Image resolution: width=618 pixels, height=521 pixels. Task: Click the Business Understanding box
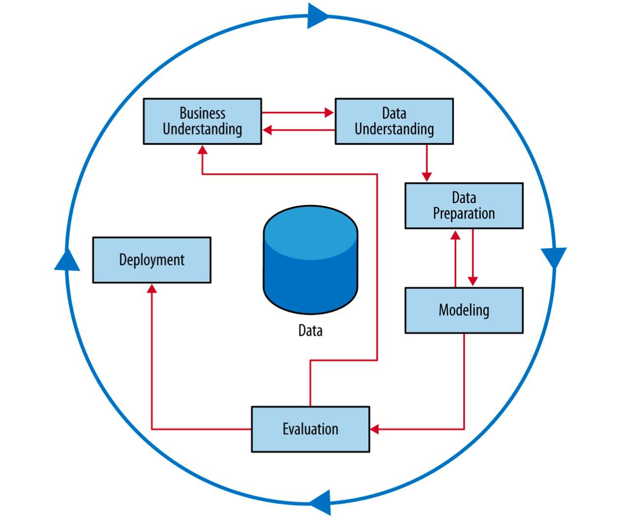[x=202, y=121]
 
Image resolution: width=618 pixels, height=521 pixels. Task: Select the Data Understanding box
[x=394, y=121]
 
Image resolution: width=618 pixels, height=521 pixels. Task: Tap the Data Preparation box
[x=463, y=206]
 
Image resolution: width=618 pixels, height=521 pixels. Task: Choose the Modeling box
[x=463, y=310]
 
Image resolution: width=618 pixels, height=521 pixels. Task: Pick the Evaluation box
[x=310, y=429]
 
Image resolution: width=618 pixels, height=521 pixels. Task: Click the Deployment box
[x=152, y=260]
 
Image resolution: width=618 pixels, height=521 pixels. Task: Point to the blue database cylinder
[x=310, y=260]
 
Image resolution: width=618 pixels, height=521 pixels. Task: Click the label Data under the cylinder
[x=310, y=331]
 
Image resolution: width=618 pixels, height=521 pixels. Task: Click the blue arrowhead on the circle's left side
[x=67, y=260]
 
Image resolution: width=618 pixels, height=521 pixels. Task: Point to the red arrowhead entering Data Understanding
[x=329, y=112]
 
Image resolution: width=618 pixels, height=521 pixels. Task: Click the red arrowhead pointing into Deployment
[x=152, y=289]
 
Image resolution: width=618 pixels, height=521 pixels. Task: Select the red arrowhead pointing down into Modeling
[x=473, y=282]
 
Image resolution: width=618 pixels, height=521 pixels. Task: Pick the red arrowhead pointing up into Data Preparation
[x=455, y=235]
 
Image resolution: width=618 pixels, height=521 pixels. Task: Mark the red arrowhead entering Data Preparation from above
[x=427, y=177]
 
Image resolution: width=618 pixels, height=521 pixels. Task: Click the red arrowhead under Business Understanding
[x=202, y=150]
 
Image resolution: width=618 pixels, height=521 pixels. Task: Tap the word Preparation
[x=463, y=213]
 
